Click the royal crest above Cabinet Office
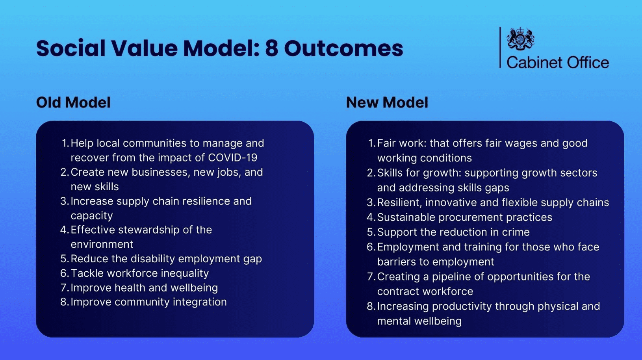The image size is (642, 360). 520,39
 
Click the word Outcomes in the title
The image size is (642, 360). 343,48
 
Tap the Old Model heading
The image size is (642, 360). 73,102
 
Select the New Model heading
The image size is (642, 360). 387,102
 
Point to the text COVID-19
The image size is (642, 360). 232,158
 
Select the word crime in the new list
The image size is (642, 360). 516,232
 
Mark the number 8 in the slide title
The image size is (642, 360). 271,48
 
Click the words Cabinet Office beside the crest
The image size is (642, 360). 557,63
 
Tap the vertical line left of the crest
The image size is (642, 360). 500,47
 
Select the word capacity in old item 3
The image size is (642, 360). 92,216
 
